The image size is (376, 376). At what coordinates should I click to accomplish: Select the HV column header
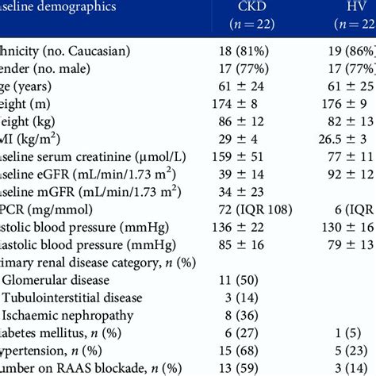351,7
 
